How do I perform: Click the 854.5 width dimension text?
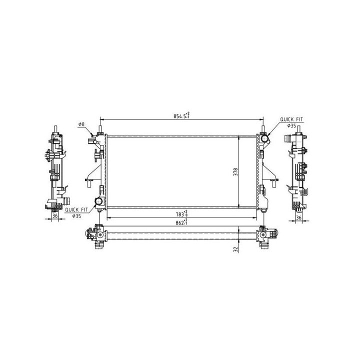pyautogui.click(x=181, y=115)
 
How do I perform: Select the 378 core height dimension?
pyautogui.click(x=235, y=172)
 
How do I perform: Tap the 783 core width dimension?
pyautogui.click(x=182, y=213)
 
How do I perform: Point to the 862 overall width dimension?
pyautogui.click(x=182, y=222)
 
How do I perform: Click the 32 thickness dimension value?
pyautogui.click(x=235, y=249)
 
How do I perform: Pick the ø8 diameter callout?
pyautogui.click(x=81, y=124)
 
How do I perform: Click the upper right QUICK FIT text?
pyautogui.click(x=291, y=119)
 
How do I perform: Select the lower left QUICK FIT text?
pyautogui.click(x=76, y=209)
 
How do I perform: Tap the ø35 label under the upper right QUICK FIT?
pyautogui.click(x=291, y=125)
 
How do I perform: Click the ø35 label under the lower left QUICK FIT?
pyautogui.click(x=76, y=216)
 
